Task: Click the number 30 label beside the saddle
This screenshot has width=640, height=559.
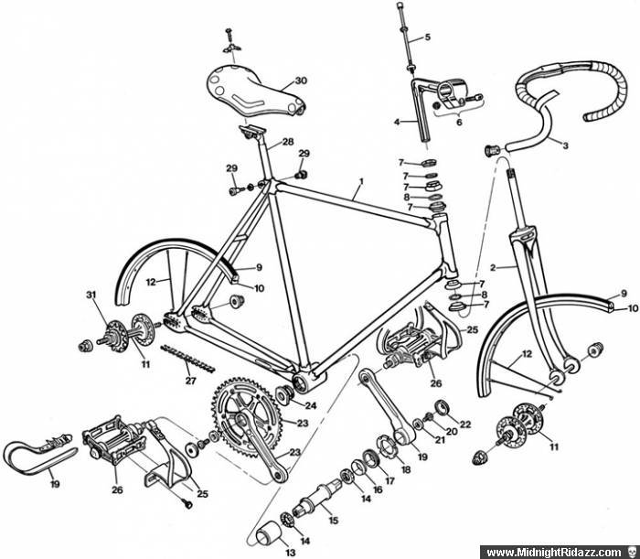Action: click(x=301, y=81)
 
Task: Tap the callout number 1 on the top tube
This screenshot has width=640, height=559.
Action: click(x=360, y=180)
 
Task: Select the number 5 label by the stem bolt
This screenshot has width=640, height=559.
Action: click(x=427, y=38)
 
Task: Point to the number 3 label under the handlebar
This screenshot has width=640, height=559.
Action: click(x=565, y=145)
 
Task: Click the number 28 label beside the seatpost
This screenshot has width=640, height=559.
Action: click(x=288, y=142)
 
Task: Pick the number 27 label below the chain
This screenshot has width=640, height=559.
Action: click(x=190, y=381)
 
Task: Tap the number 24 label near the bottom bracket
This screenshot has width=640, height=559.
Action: click(x=311, y=406)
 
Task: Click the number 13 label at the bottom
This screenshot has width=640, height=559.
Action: click(x=290, y=553)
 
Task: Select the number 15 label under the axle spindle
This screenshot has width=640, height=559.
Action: click(x=334, y=521)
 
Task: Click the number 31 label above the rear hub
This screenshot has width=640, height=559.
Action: click(x=91, y=294)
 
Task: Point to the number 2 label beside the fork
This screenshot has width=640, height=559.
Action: click(x=493, y=268)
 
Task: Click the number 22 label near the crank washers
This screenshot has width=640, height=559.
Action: click(x=464, y=425)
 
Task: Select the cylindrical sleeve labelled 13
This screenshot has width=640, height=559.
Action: click(x=268, y=532)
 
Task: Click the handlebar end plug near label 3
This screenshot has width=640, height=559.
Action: click(x=493, y=150)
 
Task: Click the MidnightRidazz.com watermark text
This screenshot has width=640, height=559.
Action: click(x=554, y=553)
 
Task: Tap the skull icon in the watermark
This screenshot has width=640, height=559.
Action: click(x=631, y=553)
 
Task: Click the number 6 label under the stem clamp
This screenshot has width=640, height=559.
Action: click(x=459, y=122)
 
